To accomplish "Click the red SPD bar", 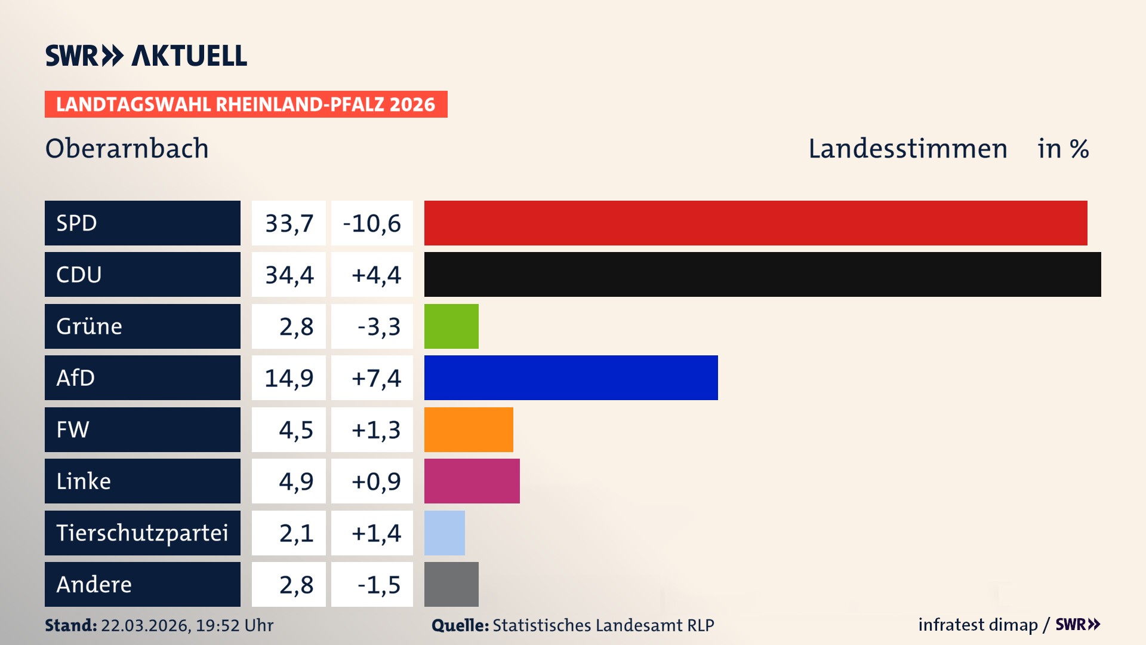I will [755, 223].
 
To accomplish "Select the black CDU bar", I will [762, 274].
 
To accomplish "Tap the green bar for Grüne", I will [451, 326].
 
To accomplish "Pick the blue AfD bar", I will [571, 377].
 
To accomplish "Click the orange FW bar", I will [469, 429].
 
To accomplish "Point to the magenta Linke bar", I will [472, 481].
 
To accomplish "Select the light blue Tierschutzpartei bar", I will [444, 533].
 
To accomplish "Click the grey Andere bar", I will [451, 584].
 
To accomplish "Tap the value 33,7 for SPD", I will [289, 223].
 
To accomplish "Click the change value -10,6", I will [372, 223].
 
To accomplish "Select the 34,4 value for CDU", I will [289, 275].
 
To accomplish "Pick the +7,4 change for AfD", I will [376, 378].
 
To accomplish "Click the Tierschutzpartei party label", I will [142, 533].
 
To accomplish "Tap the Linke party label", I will [84, 481].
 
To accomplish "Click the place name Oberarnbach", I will [127, 148].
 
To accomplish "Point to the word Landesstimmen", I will [907, 148].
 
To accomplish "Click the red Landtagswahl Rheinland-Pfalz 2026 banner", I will [246, 104].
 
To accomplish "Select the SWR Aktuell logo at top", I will [146, 56].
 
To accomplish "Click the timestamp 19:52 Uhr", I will [234, 625].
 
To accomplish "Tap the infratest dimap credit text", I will [977, 625].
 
